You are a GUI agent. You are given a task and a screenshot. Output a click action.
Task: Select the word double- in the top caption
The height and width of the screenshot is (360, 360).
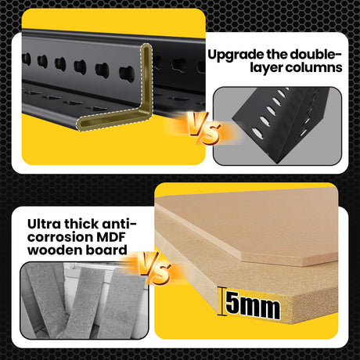pos(315,54)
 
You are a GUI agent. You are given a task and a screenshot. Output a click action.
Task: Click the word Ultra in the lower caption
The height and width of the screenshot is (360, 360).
pos(44,224)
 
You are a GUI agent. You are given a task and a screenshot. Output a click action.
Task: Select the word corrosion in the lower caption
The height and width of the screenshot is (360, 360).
pos(60,238)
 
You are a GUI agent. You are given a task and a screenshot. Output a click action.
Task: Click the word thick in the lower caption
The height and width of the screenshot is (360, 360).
pos(81,224)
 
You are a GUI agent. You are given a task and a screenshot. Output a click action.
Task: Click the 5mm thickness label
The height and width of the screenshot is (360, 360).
pos(253,304)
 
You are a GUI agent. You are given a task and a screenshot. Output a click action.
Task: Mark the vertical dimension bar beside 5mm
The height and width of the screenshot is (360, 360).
pos(221,301)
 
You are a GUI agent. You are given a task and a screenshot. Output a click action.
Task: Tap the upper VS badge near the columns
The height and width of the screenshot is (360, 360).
pos(204,128)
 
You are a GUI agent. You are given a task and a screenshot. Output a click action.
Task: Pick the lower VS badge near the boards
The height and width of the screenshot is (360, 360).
pos(154,268)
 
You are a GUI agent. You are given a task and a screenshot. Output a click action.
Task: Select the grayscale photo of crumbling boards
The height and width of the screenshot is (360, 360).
pos(85,301)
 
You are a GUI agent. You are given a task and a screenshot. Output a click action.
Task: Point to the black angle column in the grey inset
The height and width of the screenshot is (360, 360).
pos(282,124)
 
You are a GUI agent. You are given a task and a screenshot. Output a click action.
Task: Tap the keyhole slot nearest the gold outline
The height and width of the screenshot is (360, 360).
pos(128,74)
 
